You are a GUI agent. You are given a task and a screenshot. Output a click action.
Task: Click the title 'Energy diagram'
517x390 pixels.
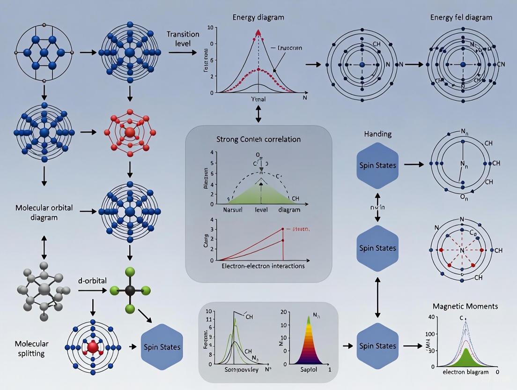[258, 17]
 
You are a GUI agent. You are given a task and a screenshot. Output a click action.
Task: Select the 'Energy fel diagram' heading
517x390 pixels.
[461, 17]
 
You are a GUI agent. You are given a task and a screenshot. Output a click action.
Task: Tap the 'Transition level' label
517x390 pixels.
[183, 39]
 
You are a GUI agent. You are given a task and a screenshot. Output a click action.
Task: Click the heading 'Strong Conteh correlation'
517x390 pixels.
[258, 139]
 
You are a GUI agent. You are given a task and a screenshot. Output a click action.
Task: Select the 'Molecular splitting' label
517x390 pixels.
[31, 348]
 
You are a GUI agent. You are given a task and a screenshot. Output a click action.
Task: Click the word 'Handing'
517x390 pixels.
[378, 134]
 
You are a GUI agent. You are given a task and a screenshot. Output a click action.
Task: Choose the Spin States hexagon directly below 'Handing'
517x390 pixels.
[377, 165]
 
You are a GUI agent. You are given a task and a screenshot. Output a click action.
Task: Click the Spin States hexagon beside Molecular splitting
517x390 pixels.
[161, 347]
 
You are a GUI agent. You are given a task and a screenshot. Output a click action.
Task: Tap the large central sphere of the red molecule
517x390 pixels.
[129, 132]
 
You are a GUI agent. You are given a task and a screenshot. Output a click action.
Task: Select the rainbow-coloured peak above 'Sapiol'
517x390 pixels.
[308, 341]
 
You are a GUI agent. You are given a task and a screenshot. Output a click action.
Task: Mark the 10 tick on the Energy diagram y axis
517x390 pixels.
[212, 28]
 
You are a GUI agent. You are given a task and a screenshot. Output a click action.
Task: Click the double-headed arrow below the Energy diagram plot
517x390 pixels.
[258, 113]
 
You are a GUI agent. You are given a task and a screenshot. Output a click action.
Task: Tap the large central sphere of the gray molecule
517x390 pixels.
[44, 289]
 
